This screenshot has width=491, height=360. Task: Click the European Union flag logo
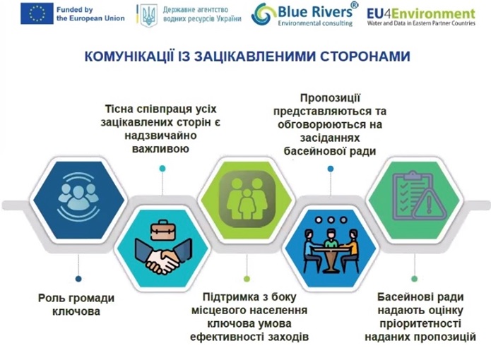37,13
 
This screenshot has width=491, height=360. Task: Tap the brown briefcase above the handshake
162,231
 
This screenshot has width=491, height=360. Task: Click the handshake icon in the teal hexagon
162,256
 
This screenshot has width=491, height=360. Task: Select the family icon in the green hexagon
247,199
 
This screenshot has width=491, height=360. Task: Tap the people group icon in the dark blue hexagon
78,196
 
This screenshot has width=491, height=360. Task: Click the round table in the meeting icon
331,257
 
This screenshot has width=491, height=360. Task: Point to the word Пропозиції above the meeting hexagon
331,98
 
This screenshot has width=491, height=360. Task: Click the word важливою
160,148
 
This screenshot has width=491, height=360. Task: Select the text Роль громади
76,298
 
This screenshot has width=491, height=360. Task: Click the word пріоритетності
420,323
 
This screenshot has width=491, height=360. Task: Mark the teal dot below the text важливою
162,169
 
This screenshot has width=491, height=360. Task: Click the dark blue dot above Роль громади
78,279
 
